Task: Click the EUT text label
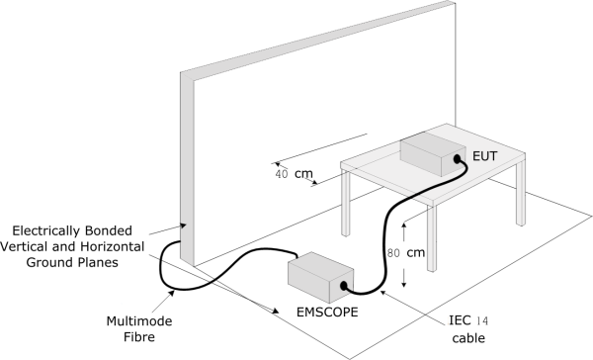pyautogui.click(x=485, y=156)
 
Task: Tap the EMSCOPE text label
pyautogui.click(x=327, y=313)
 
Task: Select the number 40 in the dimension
pyautogui.click(x=282, y=174)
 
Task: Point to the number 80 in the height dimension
pyautogui.click(x=393, y=253)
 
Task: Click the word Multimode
pyautogui.click(x=139, y=321)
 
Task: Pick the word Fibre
pyautogui.click(x=139, y=337)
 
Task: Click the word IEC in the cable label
pyautogui.click(x=460, y=320)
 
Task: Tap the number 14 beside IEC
pyautogui.click(x=482, y=321)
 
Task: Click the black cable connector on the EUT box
pyautogui.click(x=457, y=158)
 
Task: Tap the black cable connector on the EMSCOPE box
pyautogui.click(x=343, y=286)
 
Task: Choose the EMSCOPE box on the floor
pyautogui.click(x=320, y=277)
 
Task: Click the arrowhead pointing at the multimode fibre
pyautogui.click(x=171, y=294)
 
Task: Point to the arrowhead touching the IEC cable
pyautogui.click(x=383, y=293)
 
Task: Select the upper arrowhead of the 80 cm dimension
pyautogui.click(x=404, y=226)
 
